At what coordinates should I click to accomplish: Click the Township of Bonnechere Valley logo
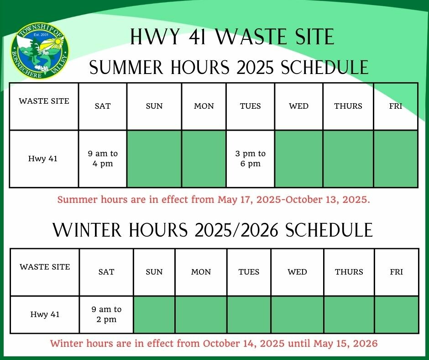40,51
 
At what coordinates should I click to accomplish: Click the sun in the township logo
58,42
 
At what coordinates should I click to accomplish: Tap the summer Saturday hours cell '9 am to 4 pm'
103,159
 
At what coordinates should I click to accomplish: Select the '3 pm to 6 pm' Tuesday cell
251,159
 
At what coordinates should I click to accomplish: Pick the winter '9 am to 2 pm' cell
106,314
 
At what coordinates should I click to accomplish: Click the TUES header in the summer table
251,106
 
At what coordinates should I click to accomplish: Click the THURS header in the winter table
349,272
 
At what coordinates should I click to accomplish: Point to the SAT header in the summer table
103,106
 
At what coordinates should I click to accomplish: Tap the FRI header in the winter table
397,272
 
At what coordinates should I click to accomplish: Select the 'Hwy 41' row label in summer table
43,159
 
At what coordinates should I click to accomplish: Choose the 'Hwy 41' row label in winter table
45,314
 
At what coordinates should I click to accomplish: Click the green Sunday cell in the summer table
154,159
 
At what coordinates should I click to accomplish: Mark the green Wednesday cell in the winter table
298,314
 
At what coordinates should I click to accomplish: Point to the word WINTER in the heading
87,230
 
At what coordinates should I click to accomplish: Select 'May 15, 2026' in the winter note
345,343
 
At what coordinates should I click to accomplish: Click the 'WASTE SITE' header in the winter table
45,267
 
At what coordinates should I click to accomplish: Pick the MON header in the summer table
204,106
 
